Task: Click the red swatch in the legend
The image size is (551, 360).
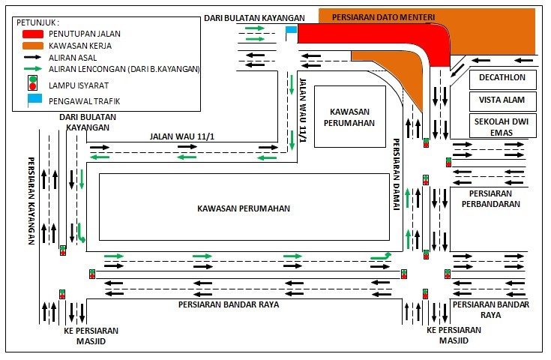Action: [34, 34]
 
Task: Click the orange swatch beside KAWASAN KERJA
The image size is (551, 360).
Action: [34, 45]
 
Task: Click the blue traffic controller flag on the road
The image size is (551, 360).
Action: [291, 31]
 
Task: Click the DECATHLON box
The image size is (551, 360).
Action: [503, 79]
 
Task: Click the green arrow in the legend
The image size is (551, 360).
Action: [34, 68]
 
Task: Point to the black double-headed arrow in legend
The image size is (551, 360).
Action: [34, 57]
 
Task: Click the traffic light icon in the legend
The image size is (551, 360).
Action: [33, 84]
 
